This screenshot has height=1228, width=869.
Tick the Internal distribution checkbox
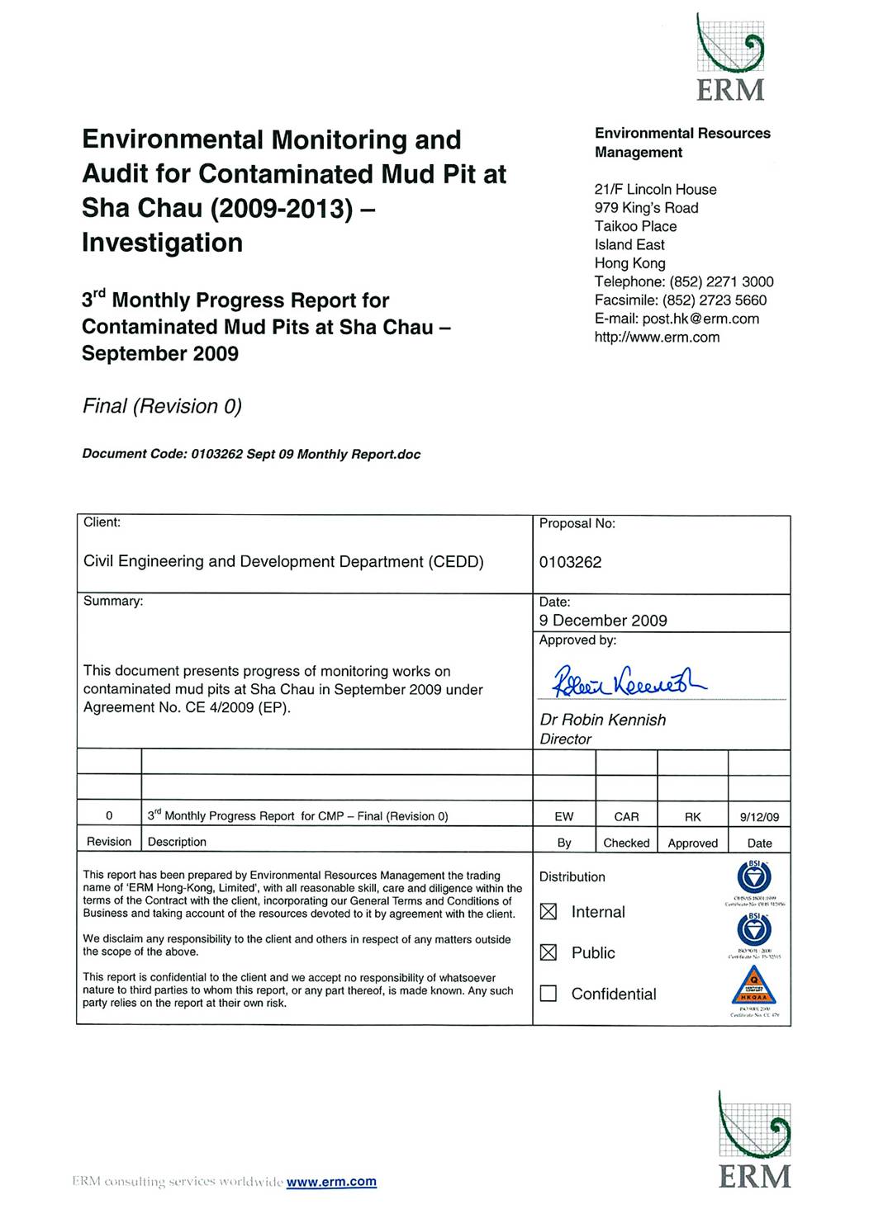point(548,912)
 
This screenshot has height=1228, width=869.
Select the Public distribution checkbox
point(548,952)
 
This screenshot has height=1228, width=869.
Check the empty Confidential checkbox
point(548,994)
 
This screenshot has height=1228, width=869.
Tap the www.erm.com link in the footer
point(331,1182)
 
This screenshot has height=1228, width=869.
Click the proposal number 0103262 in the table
point(570,562)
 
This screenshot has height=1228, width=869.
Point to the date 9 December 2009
point(603,621)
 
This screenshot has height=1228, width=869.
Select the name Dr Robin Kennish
point(603,720)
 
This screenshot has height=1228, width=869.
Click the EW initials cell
point(564,817)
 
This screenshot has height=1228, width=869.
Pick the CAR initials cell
point(626,817)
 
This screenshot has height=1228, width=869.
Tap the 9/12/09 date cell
point(759,817)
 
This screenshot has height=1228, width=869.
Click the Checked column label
point(626,843)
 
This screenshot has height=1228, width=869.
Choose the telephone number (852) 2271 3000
point(721,281)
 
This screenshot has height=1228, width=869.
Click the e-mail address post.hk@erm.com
point(700,319)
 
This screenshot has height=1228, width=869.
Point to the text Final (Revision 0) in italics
point(162,406)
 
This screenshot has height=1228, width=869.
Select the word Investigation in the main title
point(162,243)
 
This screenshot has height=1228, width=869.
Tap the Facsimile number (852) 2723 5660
point(715,300)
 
